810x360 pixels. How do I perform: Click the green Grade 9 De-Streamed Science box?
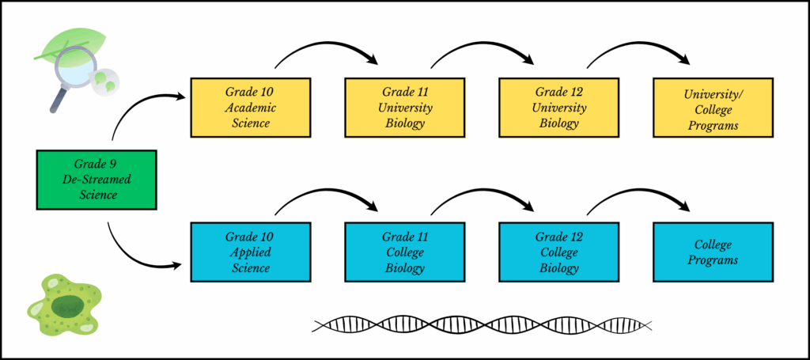(97, 180)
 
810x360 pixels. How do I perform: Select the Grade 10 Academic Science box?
(251, 108)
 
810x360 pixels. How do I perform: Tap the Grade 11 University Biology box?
(404, 108)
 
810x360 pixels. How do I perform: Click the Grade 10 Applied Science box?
(251, 252)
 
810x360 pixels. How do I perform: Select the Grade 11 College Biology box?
(404, 252)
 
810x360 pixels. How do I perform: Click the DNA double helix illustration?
(483, 324)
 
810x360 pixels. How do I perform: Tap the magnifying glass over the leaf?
(68, 74)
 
